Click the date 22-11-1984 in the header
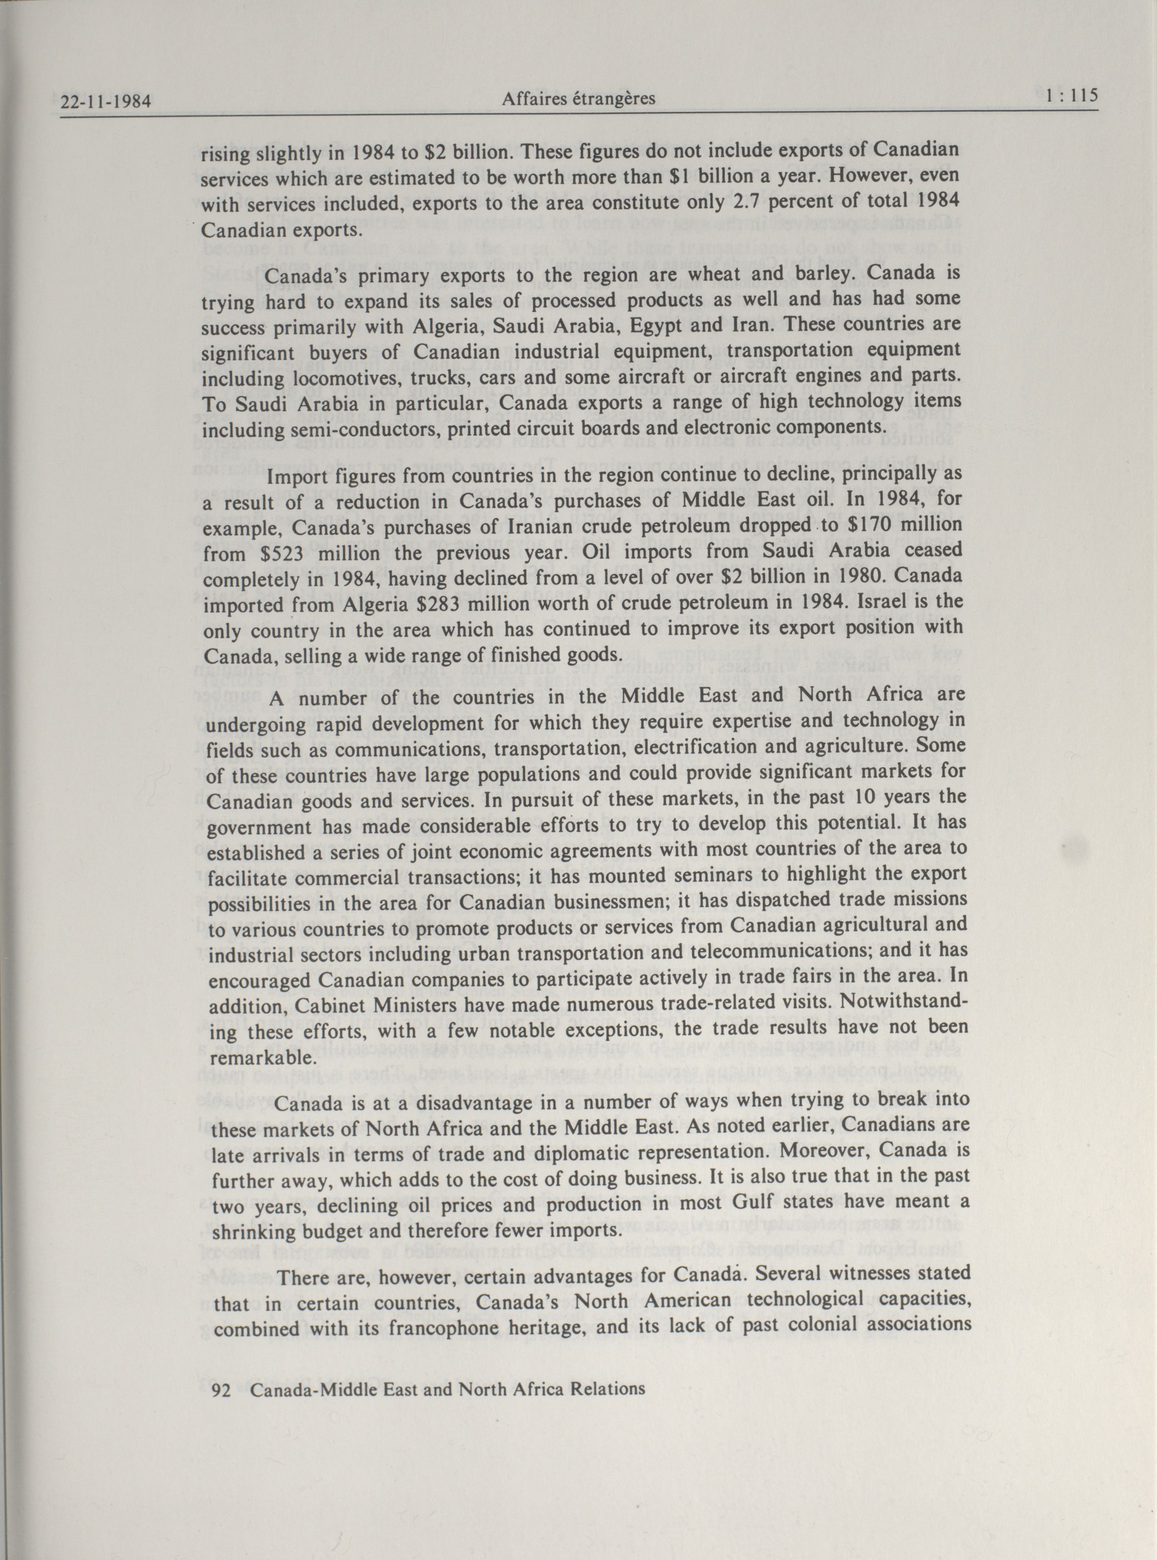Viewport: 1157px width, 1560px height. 106,102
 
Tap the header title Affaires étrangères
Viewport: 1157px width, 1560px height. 578,99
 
